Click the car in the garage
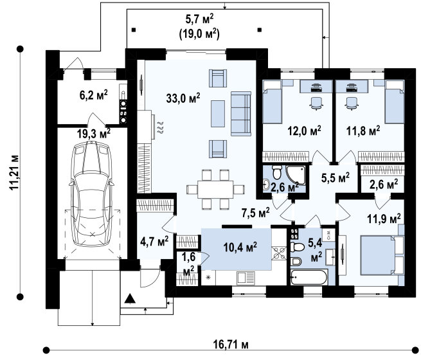pos(91,194)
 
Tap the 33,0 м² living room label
pos(183,98)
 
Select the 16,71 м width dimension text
pos(231,344)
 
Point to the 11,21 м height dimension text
pos(14,172)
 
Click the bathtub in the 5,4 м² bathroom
pos(309,277)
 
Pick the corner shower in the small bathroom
pos(296,175)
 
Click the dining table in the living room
pos(215,190)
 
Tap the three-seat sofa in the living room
pos(241,114)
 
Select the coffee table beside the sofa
pos(218,114)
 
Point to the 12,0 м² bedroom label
pos(304,131)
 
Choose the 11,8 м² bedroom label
pos(363,131)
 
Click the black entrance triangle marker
pos(130,298)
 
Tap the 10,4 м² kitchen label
pos(240,247)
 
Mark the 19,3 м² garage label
pos(94,134)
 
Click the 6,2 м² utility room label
pos(94,95)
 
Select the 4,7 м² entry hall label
pos(154,241)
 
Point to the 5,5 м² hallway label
pos(336,177)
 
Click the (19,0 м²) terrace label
pos(199,34)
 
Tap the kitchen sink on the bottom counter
pos(246,278)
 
